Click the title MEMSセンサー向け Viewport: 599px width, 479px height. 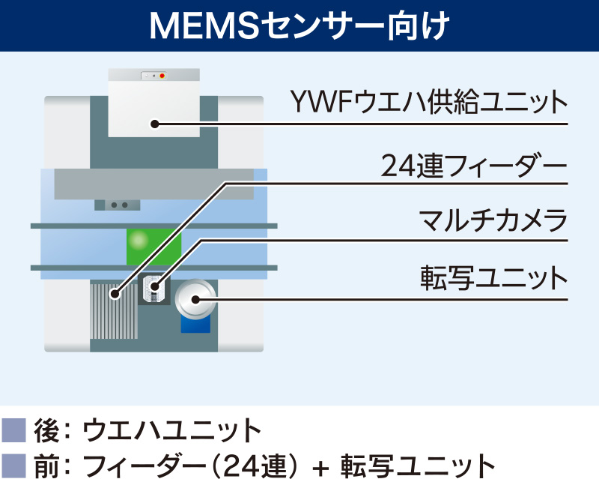tap(299, 25)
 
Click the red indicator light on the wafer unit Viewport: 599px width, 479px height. tap(162, 76)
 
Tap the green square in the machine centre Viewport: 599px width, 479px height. tap(153, 245)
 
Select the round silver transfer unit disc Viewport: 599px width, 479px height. tap(195, 300)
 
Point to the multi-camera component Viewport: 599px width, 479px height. tap(154, 287)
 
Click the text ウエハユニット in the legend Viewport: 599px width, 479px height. tap(171, 431)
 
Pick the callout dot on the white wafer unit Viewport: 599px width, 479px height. tap(154, 124)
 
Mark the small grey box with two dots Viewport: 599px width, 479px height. tap(118, 205)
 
